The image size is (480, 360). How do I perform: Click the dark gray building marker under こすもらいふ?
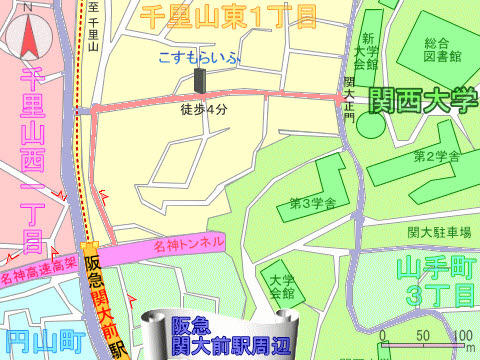(199, 81)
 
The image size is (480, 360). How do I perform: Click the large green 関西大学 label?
(424, 98)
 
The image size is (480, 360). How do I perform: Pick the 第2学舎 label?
(436, 157)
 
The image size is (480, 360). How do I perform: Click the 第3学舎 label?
(311, 203)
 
